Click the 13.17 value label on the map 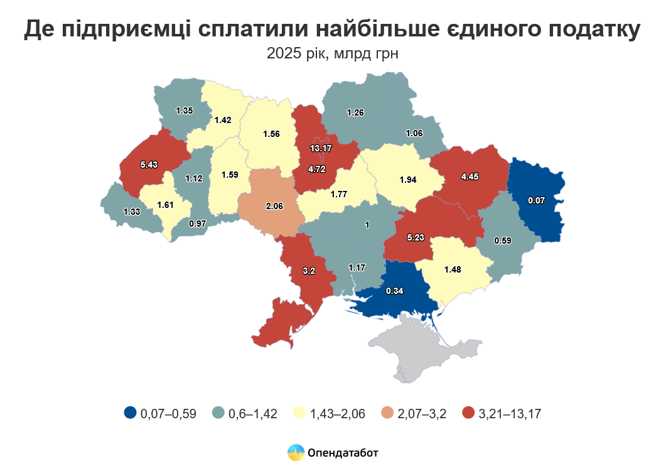tap(320, 148)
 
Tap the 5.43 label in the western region tap(149, 165)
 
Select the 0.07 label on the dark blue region tap(536, 200)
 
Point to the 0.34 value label tap(394, 291)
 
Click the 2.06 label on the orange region tap(274, 205)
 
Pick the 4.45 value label tap(470, 176)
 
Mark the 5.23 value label tap(416, 237)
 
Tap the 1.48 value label tap(453, 269)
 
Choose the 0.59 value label tap(503, 240)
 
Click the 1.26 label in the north tap(355, 113)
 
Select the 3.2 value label tap(309, 271)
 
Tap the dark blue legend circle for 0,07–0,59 tap(130, 413)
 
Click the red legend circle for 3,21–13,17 tap(468, 413)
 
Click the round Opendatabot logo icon tap(296, 452)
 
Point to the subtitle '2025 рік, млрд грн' tap(333, 53)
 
